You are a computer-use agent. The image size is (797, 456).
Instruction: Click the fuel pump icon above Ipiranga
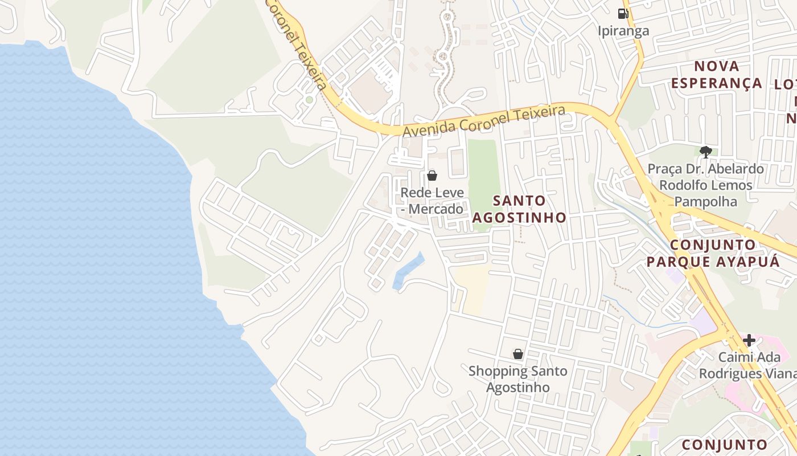click(x=623, y=13)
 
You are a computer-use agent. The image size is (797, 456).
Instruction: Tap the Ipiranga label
click(x=623, y=31)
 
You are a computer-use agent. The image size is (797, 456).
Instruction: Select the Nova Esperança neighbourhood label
click(x=716, y=75)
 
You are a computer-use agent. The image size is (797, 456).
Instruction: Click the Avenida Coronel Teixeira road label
click(x=484, y=120)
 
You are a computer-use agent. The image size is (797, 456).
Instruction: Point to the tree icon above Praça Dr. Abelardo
click(x=706, y=152)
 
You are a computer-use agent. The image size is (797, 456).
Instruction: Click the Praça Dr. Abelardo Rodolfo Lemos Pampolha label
click(x=706, y=185)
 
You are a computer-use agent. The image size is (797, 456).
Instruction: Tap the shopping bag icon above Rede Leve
click(x=432, y=176)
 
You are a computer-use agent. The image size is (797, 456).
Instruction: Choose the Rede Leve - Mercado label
click(x=432, y=201)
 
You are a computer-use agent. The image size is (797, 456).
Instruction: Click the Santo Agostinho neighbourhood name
click(x=519, y=209)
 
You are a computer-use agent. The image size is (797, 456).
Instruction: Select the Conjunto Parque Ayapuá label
click(x=712, y=253)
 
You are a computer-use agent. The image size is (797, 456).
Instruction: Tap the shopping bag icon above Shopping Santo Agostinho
click(x=517, y=354)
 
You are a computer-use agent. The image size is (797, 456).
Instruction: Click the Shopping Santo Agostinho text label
click(x=517, y=379)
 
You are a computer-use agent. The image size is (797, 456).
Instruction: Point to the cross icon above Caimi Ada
click(x=749, y=340)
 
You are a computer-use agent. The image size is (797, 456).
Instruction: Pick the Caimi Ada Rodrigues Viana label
click(x=746, y=365)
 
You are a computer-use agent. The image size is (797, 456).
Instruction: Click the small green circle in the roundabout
click(x=309, y=100)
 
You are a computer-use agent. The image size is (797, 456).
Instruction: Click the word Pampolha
click(x=698, y=201)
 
